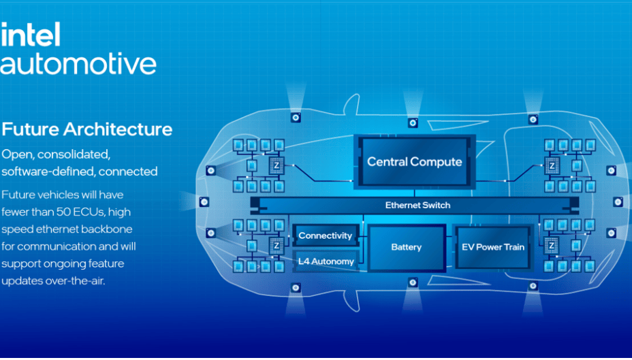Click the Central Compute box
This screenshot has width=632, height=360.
pyautogui.click(x=415, y=162)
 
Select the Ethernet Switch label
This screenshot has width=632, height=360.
pyautogui.click(x=417, y=206)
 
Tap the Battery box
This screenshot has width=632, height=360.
pyautogui.click(x=407, y=247)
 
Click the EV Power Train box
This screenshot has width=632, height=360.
pyautogui.click(x=493, y=247)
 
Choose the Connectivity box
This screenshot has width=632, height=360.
pyautogui.click(x=326, y=235)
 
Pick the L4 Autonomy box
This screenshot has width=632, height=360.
pyautogui.click(x=326, y=261)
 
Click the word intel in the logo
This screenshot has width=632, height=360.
pyautogui.click(x=31, y=35)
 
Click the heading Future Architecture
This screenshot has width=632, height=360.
pyautogui.click(x=87, y=129)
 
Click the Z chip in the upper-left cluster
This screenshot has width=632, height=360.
pyautogui.click(x=276, y=165)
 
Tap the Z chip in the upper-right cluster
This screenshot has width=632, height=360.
pyautogui.click(x=552, y=165)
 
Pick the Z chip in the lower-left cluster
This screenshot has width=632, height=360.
pyautogui.click(x=276, y=245)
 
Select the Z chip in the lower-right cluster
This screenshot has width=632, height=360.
pyautogui.click(x=552, y=245)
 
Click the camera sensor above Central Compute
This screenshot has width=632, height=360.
pyautogui.click(x=413, y=122)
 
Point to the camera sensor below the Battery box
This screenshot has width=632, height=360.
pyautogui.click(x=413, y=282)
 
